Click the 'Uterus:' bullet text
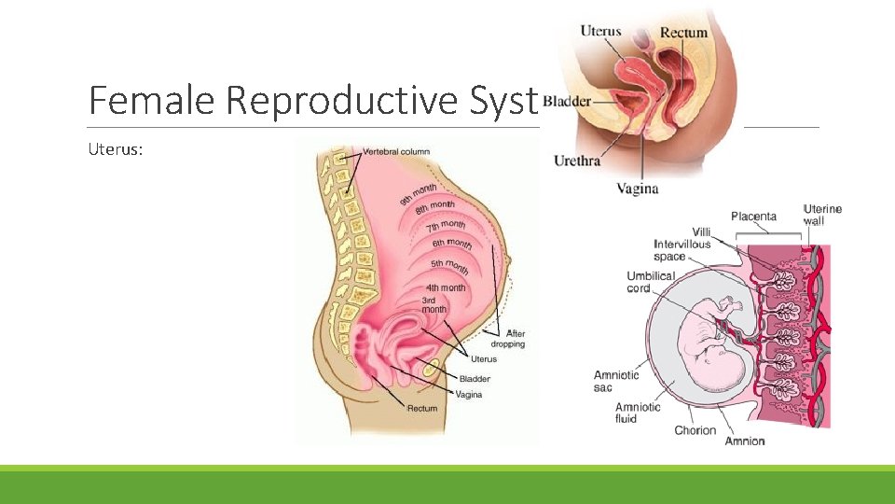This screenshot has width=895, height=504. click(116, 149)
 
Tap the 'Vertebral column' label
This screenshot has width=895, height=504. click(396, 152)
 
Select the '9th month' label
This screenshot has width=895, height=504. click(419, 195)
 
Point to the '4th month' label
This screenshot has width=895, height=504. click(445, 287)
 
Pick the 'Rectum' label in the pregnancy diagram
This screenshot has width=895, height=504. click(421, 409)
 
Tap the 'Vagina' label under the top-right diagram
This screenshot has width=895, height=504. click(638, 189)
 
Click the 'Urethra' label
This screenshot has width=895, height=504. click(577, 161)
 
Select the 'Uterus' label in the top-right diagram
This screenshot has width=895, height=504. click(600, 32)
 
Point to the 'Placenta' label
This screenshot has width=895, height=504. click(753, 217)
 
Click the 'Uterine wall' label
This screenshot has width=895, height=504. click(822, 215)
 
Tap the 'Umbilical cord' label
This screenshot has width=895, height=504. click(651, 282)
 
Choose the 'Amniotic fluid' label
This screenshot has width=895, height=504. click(638, 413)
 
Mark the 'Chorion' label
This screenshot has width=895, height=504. click(695, 430)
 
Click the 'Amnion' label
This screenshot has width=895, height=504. click(744, 441)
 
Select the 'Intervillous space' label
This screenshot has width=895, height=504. click(682, 250)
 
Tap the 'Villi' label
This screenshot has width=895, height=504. click(701, 231)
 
